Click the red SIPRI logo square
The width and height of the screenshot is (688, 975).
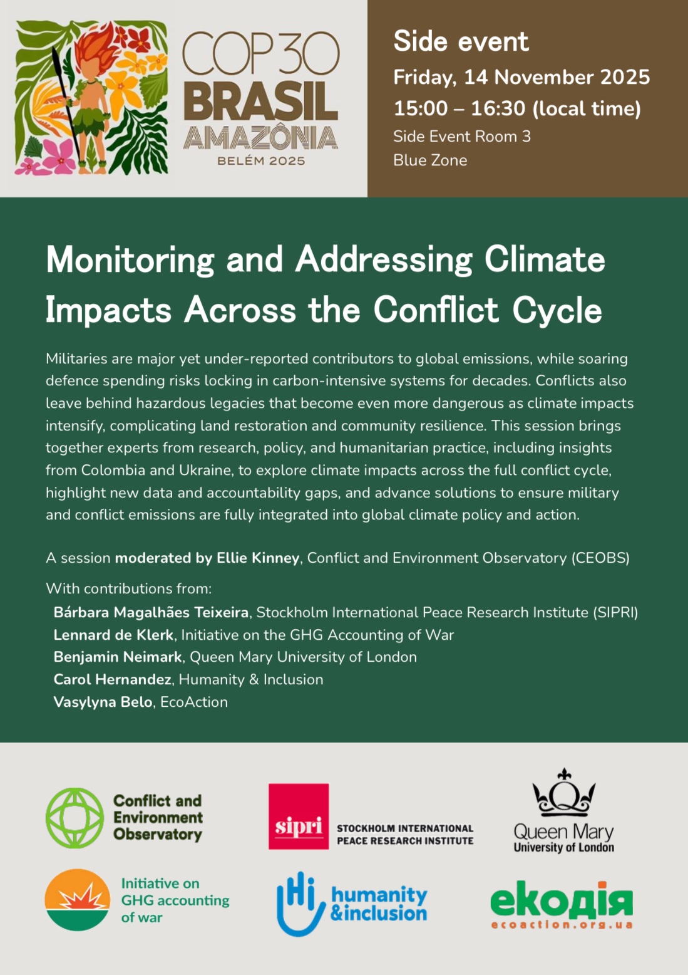pos(299,816)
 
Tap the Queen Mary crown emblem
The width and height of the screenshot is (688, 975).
pos(564,793)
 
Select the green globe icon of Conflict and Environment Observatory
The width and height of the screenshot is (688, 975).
pos(75,818)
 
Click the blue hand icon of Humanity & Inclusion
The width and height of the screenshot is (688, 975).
pos(300,904)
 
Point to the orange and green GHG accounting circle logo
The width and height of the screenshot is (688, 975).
pos(78,899)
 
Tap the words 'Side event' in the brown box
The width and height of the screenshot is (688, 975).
pos(461,42)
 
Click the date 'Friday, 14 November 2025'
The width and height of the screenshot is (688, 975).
pos(521,77)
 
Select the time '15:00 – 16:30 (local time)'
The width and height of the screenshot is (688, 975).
pos(517,108)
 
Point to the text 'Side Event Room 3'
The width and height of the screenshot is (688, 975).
pos(461,137)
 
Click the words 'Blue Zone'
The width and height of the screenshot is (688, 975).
pos(430,160)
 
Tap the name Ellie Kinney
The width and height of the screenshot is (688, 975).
pos(258,558)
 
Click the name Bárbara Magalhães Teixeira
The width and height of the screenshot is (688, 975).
pos(151,612)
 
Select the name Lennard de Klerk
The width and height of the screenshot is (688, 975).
pos(113,635)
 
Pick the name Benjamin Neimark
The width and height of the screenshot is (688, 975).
pos(118,657)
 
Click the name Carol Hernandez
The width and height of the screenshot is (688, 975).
pos(113,679)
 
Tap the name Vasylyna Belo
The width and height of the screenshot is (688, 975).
pos(103,702)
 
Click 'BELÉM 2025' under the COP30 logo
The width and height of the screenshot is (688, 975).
pos(261,161)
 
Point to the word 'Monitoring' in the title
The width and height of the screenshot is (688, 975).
pos(130,259)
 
